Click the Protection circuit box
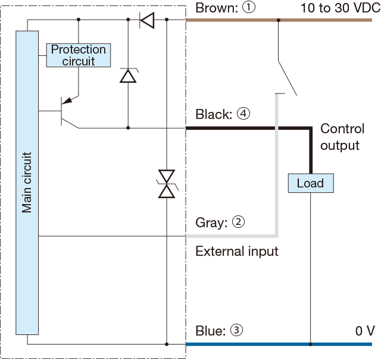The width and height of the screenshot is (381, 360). pos(79,55)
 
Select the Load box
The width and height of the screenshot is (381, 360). pos(311,183)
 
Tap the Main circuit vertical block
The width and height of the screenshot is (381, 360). pos(27,183)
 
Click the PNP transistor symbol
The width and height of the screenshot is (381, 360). pos(70,111)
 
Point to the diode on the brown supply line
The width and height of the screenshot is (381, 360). pos(147,20)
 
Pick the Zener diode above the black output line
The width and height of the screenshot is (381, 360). pos(129,76)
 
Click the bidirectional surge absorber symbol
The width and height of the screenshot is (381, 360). pos(167,184)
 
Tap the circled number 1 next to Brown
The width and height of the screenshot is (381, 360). pos(249,7)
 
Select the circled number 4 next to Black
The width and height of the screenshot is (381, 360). pos(243,114)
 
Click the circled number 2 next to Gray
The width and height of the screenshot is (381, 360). pos(238,222)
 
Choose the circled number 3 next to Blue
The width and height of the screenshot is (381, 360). pos(236,330)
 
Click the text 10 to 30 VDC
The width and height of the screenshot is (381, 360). pos(341,8)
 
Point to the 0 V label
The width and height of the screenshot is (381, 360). pos(365,331)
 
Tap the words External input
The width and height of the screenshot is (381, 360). pos(237,252)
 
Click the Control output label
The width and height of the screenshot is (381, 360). pos(342,137)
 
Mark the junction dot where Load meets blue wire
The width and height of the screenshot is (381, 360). pos(311,344)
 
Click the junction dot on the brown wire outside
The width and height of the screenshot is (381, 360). pos(279,20)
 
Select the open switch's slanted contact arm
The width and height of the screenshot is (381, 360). pos(288,78)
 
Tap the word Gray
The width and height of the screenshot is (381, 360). pos(211,223)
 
